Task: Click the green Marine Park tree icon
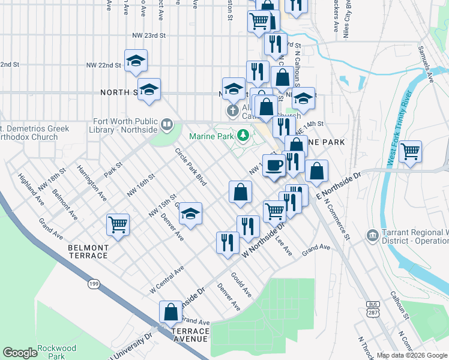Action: [243, 136]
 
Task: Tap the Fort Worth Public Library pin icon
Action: [167, 126]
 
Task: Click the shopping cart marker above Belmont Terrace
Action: [118, 224]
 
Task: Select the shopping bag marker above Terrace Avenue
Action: [170, 311]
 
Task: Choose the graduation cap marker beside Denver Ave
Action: [190, 213]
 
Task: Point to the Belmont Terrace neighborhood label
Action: [88, 251]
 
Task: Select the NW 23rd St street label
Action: [148, 36]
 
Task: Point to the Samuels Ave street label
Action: [429, 65]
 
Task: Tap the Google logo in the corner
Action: [20, 353]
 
